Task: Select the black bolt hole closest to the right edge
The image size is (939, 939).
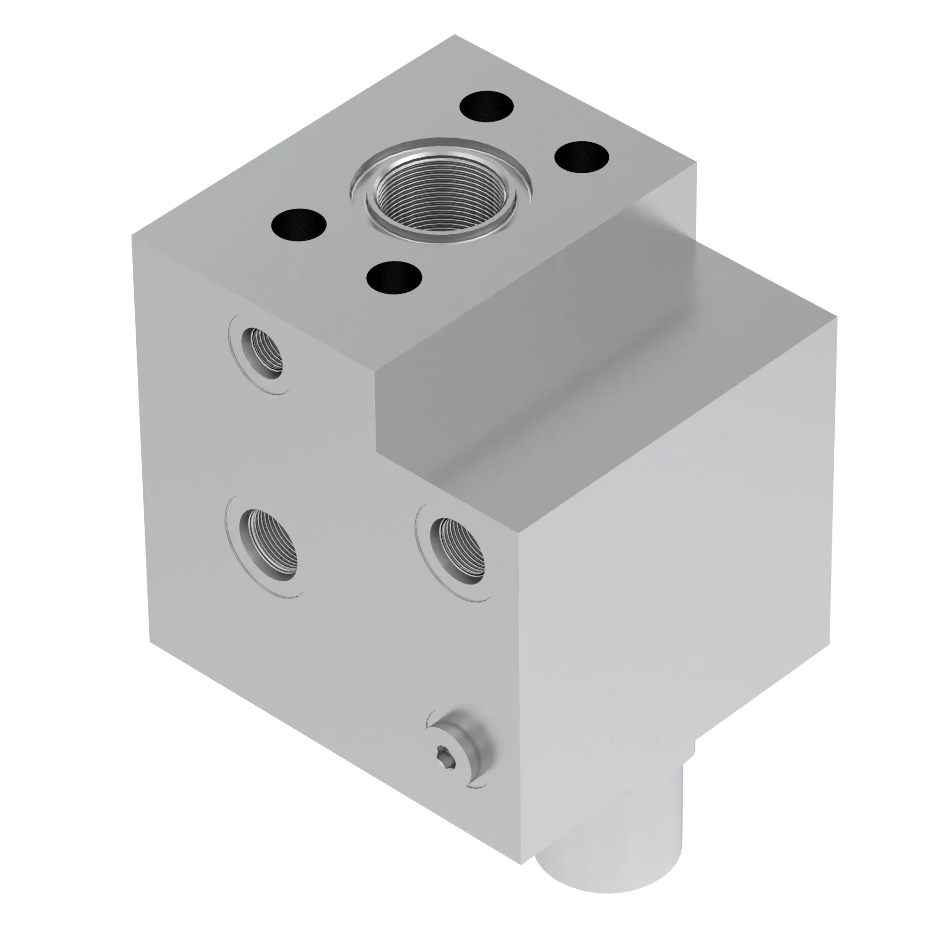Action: (582, 157)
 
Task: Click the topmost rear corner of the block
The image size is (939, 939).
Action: (455, 35)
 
